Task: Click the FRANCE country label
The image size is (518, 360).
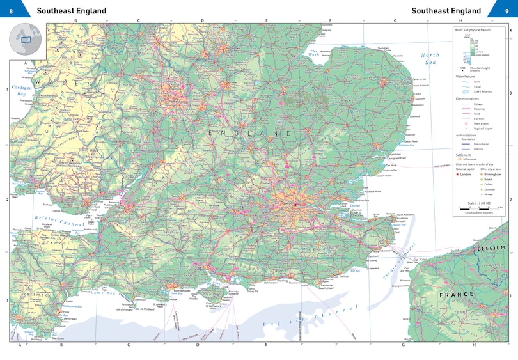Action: [x=457, y=294]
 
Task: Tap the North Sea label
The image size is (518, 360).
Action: [x=430, y=59]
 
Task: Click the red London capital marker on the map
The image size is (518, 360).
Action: [x=295, y=204]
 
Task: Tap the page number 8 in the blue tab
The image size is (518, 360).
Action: [x=11, y=10]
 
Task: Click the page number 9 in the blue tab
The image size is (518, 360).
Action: [x=506, y=10]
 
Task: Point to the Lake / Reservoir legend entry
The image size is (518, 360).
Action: [x=483, y=91]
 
